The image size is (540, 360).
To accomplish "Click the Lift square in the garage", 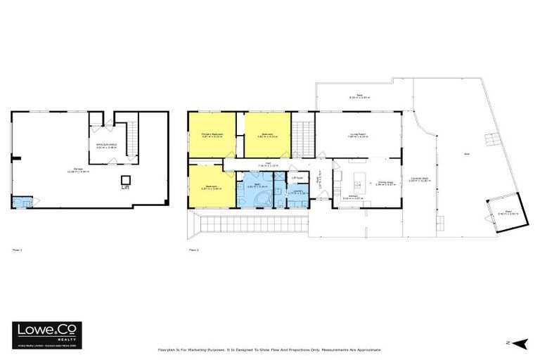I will (126, 179).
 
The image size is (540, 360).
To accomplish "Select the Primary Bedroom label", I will (212, 135).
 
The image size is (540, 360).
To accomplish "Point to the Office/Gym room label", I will (106, 146).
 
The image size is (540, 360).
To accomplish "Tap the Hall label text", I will (259, 165).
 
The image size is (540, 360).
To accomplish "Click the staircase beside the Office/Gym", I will (132, 130).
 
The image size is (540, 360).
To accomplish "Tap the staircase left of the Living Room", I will (302, 133).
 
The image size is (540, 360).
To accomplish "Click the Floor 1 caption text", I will (18, 250).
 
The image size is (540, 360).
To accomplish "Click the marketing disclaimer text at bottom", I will (270, 349).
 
